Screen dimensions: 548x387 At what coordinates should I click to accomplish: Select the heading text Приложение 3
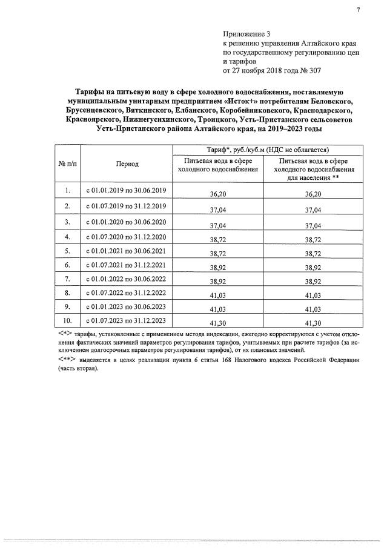(x=248, y=34)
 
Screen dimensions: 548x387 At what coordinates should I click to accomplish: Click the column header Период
(x=128, y=164)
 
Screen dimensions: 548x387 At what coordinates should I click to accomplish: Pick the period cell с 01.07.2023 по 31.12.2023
(x=128, y=320)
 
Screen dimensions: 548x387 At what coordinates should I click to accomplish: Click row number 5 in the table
(x=68, y=250)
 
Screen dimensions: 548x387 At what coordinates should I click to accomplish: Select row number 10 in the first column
(x=68, y=320)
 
